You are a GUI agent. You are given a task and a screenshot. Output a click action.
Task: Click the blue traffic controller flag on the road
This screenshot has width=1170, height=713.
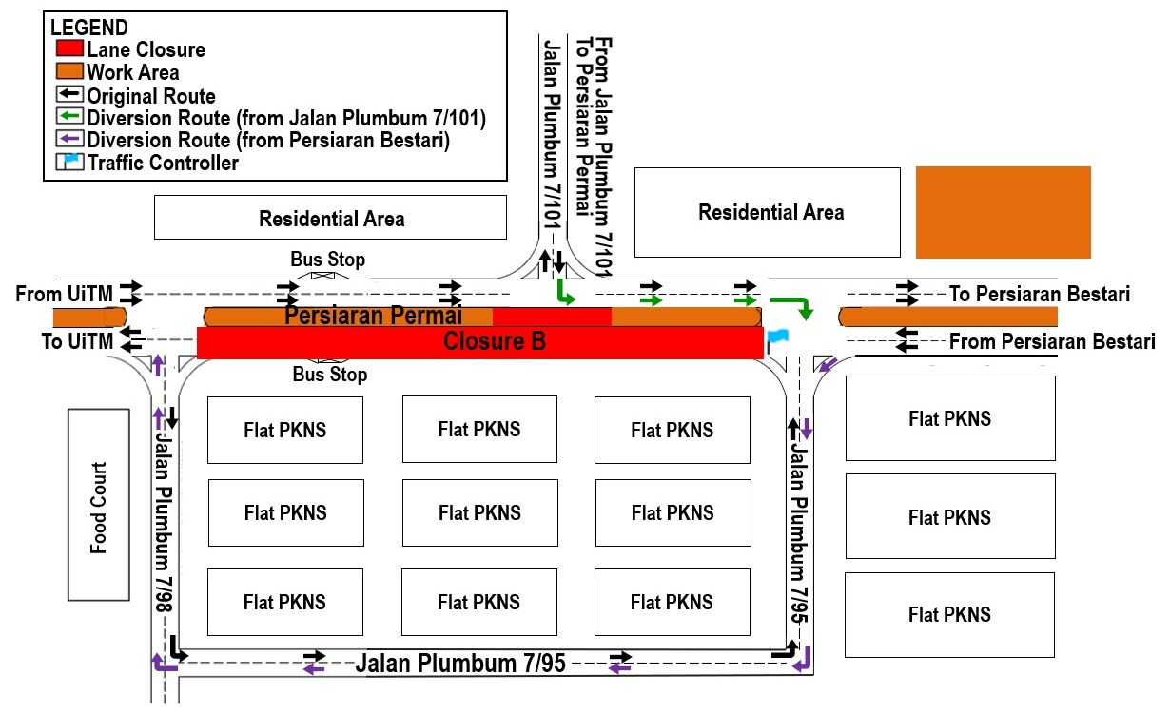[778, 337]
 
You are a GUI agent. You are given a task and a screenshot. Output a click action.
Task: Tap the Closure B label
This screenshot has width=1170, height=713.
[495, 342]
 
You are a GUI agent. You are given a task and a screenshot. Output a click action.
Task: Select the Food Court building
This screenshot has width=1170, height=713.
[98, 506]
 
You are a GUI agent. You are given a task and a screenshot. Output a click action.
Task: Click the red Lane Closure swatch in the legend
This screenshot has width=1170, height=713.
[68, 50]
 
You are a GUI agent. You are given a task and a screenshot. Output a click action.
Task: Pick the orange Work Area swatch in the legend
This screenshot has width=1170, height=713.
[68, 72]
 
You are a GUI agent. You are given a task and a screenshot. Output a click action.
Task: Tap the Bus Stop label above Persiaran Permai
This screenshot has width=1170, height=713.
[327, 260]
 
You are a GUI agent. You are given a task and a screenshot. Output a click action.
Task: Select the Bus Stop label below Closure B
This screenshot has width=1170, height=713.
[330, 375]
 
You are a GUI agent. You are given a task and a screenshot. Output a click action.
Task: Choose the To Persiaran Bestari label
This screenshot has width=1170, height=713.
[1040, 295]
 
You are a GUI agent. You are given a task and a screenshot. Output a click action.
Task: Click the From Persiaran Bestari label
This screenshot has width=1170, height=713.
[1051, 341]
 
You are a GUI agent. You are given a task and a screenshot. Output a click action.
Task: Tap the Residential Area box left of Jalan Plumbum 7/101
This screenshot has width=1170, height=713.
[331, 219]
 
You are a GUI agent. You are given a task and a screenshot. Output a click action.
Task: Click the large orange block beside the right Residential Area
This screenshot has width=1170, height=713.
[1003, 212]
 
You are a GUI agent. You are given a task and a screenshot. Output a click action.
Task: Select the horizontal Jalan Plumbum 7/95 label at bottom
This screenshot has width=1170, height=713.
[460, 664]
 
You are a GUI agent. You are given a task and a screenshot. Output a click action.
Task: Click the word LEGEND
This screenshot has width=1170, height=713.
[88, 29]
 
